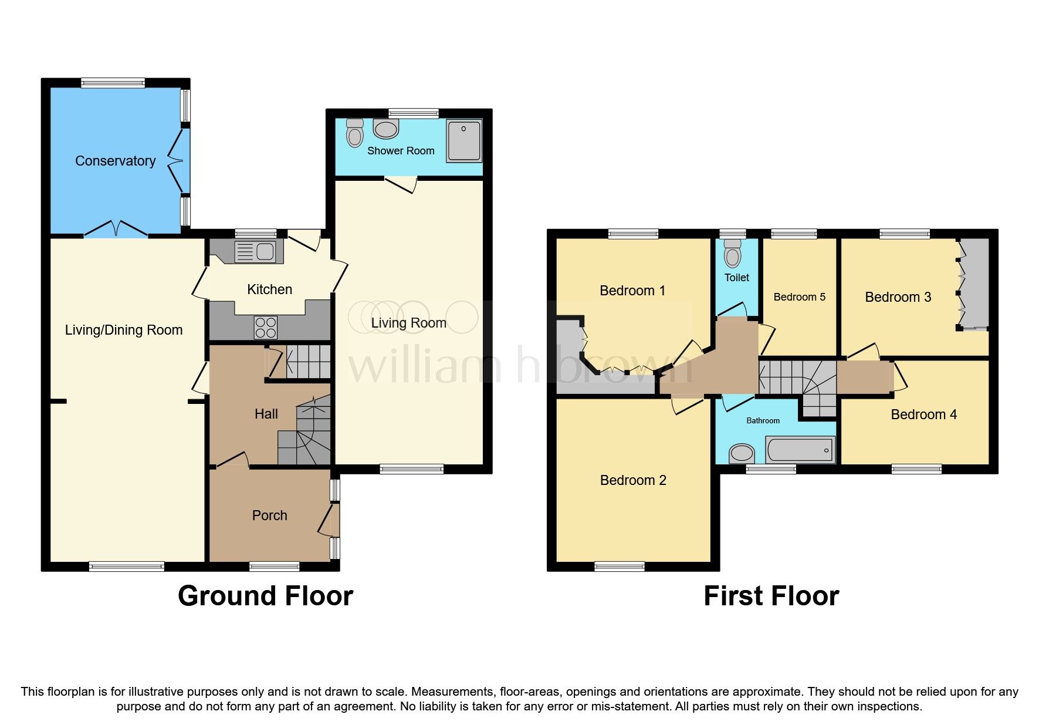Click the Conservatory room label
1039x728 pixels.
115,161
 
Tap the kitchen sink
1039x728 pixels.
255,251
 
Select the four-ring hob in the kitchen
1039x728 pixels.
266,328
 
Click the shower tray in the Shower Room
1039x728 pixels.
463,141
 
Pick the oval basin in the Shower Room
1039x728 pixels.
385,129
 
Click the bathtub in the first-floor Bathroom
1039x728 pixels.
800,450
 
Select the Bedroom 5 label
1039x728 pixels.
799,297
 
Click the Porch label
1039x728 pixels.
269,515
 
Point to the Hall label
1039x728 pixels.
266,414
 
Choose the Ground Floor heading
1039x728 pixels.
265,596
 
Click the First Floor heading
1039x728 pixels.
771,596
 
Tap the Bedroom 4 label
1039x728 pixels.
923,414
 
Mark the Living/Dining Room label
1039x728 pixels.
123,330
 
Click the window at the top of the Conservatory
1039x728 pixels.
113,83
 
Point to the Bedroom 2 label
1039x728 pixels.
633,480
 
